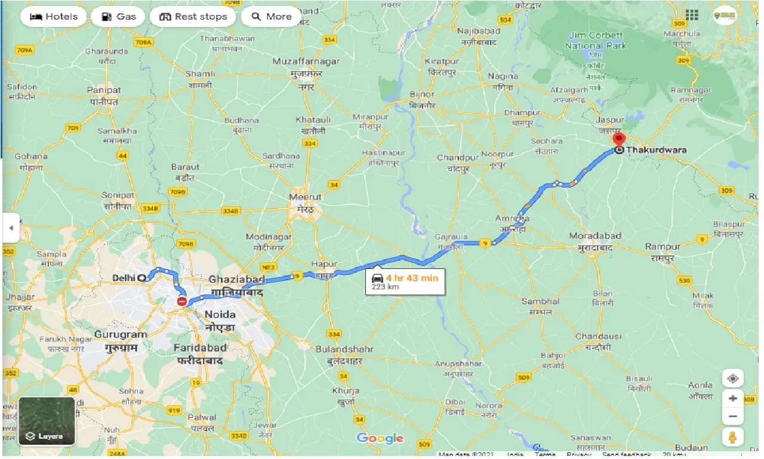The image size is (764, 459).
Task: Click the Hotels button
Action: coord(54,17)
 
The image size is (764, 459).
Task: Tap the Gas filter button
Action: coord(118,17)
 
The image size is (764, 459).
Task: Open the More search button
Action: coord(271,17)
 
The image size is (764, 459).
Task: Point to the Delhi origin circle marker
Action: coord(141,277)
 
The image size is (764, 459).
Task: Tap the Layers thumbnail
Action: coord(47,421)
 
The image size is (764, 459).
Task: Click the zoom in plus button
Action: coord(732,398)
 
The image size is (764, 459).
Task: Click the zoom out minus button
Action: coord(732,416)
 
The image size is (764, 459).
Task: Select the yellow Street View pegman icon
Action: coord(732,437)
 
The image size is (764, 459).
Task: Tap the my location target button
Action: coord(732,379)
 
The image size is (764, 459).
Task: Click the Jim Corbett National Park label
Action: coord(596,41)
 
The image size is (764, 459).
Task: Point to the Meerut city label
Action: coord(306,197)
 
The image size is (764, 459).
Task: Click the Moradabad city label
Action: coord(594,236)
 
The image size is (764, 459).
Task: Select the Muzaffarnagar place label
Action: coord(306,62)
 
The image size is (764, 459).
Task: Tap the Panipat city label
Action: coord(104,90)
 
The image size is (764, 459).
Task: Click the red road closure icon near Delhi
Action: coord(182,302)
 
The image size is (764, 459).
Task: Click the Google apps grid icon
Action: coord(692,15)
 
